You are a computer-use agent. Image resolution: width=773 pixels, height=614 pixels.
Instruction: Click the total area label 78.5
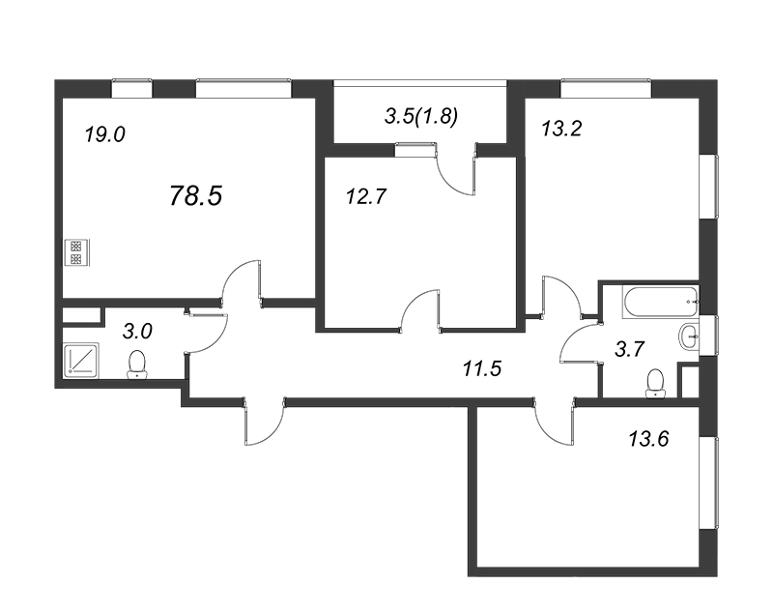pos(196,195)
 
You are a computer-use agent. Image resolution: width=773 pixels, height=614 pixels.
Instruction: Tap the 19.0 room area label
pos(104,134)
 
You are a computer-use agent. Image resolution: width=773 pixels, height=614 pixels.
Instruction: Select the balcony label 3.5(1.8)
pos(421,116)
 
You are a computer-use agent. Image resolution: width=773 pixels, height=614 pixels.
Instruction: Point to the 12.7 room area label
pos(366,197)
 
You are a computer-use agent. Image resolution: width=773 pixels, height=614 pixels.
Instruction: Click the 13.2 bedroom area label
pos(561,129)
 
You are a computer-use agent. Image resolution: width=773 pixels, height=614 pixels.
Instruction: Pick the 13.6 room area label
pos(648,438)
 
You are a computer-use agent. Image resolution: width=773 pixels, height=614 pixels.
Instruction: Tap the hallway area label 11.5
pos(481,368)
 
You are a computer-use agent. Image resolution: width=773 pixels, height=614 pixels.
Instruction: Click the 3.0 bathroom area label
pos(137,332)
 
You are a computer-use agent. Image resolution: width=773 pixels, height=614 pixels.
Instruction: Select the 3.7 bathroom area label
pos(630,349)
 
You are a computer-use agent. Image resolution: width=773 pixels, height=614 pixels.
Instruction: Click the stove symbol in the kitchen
pos(76,252)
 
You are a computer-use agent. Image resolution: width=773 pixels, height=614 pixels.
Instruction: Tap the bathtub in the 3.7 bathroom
pos(661,301)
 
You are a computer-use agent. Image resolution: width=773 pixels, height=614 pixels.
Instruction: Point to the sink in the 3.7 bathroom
pos(689,336)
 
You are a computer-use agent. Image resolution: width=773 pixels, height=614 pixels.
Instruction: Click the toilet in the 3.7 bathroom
pos(655,383)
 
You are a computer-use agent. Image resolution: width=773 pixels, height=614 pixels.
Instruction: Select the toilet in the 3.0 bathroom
pos(136,365)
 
